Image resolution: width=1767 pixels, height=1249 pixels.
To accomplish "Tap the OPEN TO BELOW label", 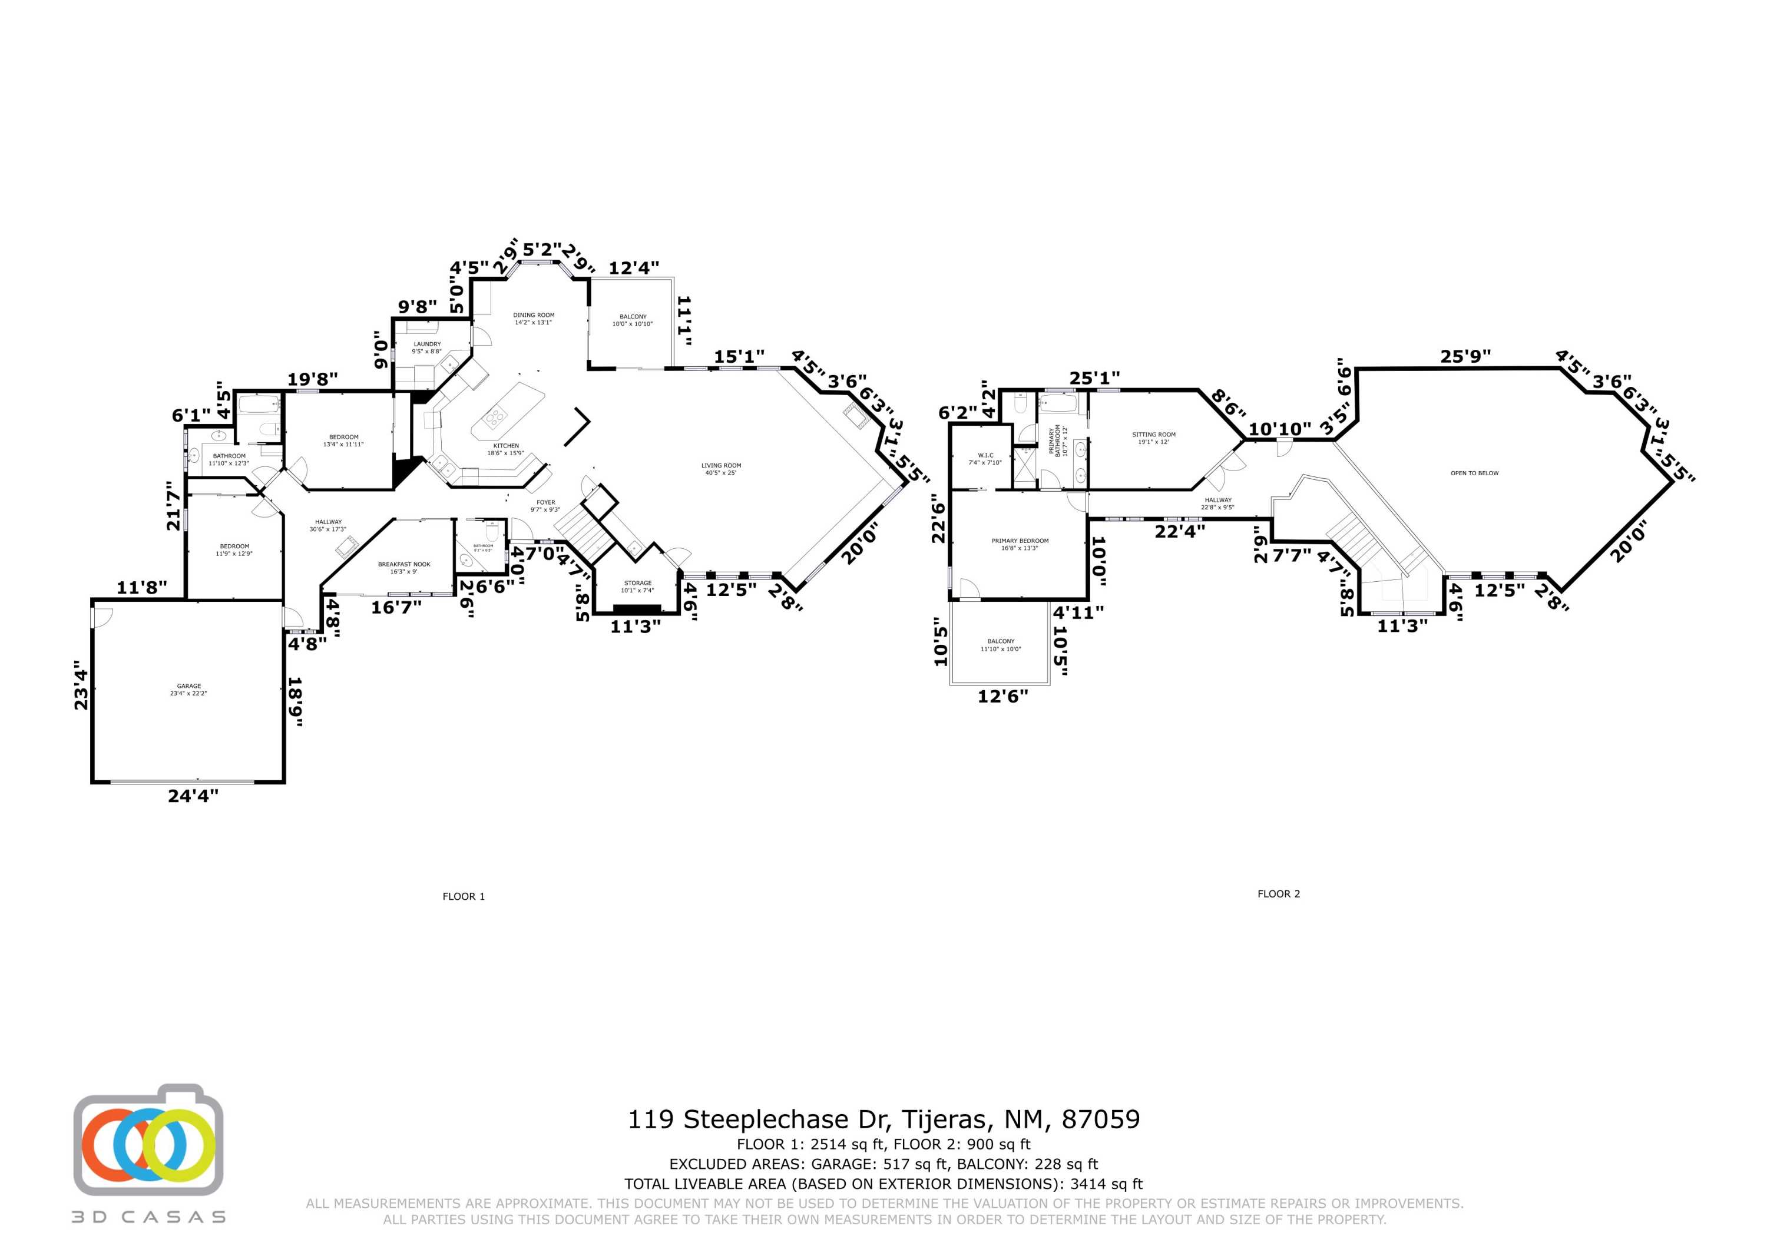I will (1474, 473).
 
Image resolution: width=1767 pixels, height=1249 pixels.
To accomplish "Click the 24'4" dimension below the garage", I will (193, 796).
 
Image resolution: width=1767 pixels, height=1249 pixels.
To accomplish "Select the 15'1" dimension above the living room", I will (739, 356).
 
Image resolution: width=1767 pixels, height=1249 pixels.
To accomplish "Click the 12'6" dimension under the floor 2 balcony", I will (1003, 697).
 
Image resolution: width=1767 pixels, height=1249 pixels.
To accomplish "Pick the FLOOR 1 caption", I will (464, 896).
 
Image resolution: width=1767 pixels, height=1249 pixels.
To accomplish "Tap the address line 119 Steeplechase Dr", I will (883, 1119).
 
